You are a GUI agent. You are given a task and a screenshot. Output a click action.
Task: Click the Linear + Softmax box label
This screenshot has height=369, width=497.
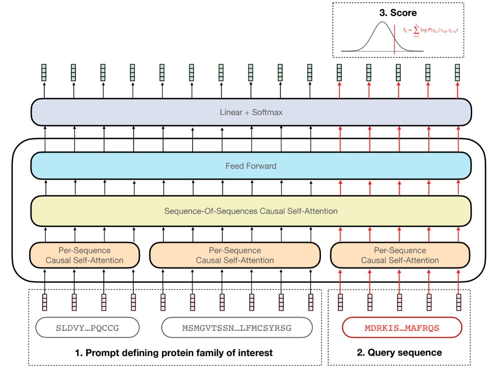pos(251,112)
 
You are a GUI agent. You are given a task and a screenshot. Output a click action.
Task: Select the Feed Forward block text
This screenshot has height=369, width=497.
pos(251,166)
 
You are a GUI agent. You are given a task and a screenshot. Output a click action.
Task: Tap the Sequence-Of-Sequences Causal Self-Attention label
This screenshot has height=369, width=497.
pos(251,211)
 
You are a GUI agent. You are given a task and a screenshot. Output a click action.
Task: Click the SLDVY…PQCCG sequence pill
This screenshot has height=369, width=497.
pos(87,329)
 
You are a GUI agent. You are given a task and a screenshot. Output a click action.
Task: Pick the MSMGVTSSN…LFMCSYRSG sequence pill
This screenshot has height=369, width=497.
pos(237,329)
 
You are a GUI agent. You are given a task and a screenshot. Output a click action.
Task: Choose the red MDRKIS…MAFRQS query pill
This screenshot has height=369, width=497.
pos(402,329)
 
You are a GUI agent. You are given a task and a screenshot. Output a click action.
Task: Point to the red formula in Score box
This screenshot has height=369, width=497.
pos(430,30)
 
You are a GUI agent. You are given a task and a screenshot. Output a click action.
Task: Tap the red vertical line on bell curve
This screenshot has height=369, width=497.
pos(394,40)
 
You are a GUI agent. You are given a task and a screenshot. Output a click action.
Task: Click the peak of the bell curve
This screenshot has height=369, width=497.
pos(382,23)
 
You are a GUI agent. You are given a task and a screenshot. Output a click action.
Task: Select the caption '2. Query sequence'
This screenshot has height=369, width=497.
pos(399,353)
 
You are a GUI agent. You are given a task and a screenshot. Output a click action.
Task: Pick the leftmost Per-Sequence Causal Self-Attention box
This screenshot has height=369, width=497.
pos(85,255)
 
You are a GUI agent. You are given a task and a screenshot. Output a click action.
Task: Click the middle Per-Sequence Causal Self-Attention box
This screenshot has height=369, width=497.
pos(235,255)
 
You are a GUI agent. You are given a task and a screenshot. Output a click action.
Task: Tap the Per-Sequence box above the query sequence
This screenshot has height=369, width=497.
pos(400,255)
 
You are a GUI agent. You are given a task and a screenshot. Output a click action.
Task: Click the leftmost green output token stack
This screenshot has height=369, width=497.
pos(44,72)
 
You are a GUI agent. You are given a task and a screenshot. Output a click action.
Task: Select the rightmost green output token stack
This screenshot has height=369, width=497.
pos(458,72)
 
